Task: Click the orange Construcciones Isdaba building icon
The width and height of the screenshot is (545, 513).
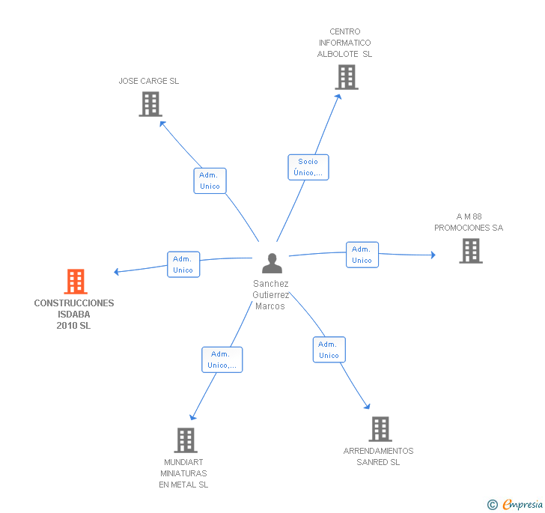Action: coord(76,282)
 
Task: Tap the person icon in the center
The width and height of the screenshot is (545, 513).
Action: coord(272,264)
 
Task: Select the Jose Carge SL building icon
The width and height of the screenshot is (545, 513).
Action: coord(150,104)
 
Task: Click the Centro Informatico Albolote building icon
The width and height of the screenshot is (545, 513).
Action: coord(346,77)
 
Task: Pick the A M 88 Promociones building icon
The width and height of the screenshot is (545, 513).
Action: coord(470,251)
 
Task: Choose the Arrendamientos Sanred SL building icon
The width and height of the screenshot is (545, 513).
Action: coord(380,429)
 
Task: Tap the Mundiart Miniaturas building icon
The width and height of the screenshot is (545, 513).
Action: coord(185,440)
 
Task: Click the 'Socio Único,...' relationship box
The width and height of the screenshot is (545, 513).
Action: coord(308,167)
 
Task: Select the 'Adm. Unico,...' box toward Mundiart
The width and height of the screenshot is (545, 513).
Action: coord(222,359)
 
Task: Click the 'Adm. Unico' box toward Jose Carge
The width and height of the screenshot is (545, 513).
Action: coord(210,180)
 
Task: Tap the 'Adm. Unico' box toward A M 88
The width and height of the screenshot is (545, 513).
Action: coord(362,255)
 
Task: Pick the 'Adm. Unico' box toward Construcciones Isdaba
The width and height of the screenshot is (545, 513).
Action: coord(183,264)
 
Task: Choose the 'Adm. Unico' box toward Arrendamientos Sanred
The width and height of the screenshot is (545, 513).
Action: coord(329,350)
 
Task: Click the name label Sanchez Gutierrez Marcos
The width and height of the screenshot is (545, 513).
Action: coord(271,294)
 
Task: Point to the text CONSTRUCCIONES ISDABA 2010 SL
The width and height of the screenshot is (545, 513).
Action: coord(74,315)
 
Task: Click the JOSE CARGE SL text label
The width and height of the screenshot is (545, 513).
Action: coord(149,81)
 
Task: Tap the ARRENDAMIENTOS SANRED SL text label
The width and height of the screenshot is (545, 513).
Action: coord(378,456)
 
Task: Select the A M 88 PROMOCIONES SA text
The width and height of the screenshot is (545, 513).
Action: coord(469,222)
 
